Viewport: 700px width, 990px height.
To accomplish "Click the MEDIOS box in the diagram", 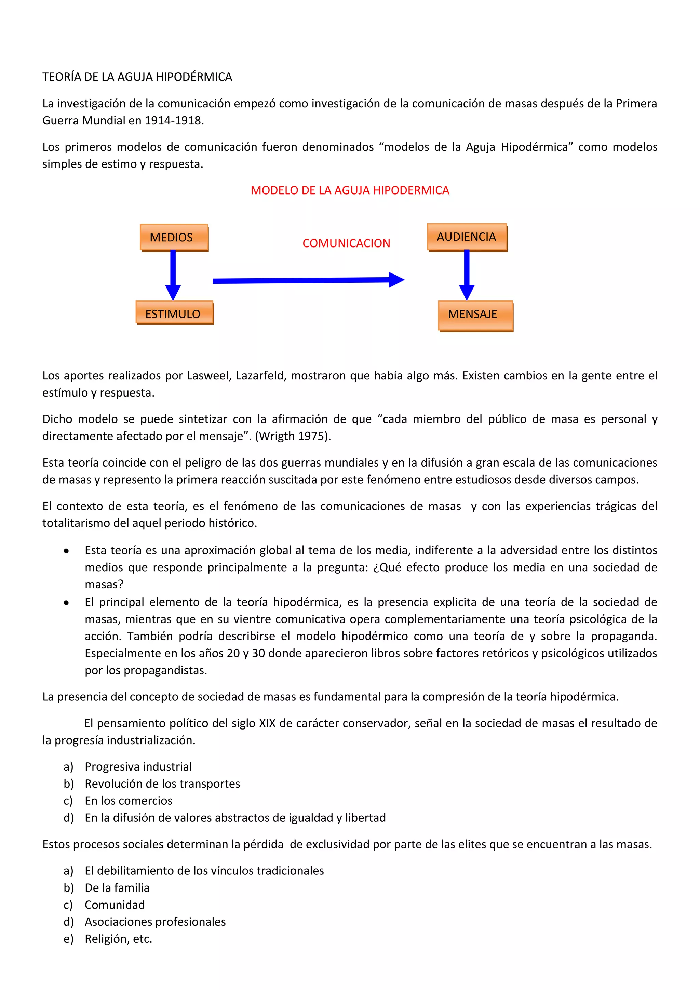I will coord(174,237).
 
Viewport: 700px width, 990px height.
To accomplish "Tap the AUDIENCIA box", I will coord(467,237).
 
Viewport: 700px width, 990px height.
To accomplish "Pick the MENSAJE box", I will coord(475,315).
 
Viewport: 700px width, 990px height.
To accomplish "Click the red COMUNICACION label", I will coord(346,243).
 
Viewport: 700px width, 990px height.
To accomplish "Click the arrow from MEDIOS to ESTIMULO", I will coord(173,274).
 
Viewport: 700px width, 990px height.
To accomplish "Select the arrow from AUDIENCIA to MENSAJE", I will coord(466,274).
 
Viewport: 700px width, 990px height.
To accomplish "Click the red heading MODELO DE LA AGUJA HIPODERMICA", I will coord(350,190).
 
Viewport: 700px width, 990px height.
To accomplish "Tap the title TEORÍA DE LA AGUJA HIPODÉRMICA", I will coord(137,77).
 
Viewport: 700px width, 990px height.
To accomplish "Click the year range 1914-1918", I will coord(173,121).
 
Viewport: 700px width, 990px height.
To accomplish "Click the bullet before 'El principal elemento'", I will coord(66,602).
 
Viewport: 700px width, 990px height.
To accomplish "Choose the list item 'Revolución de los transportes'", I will coord(162,784).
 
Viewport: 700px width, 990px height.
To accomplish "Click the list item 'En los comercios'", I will coord(129,801).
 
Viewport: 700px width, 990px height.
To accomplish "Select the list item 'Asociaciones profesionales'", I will coord(155,921).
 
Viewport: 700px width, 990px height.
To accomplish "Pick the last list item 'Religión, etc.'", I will coord(119,939).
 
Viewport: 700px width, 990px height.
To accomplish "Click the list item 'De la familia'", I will coord(117,887).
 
